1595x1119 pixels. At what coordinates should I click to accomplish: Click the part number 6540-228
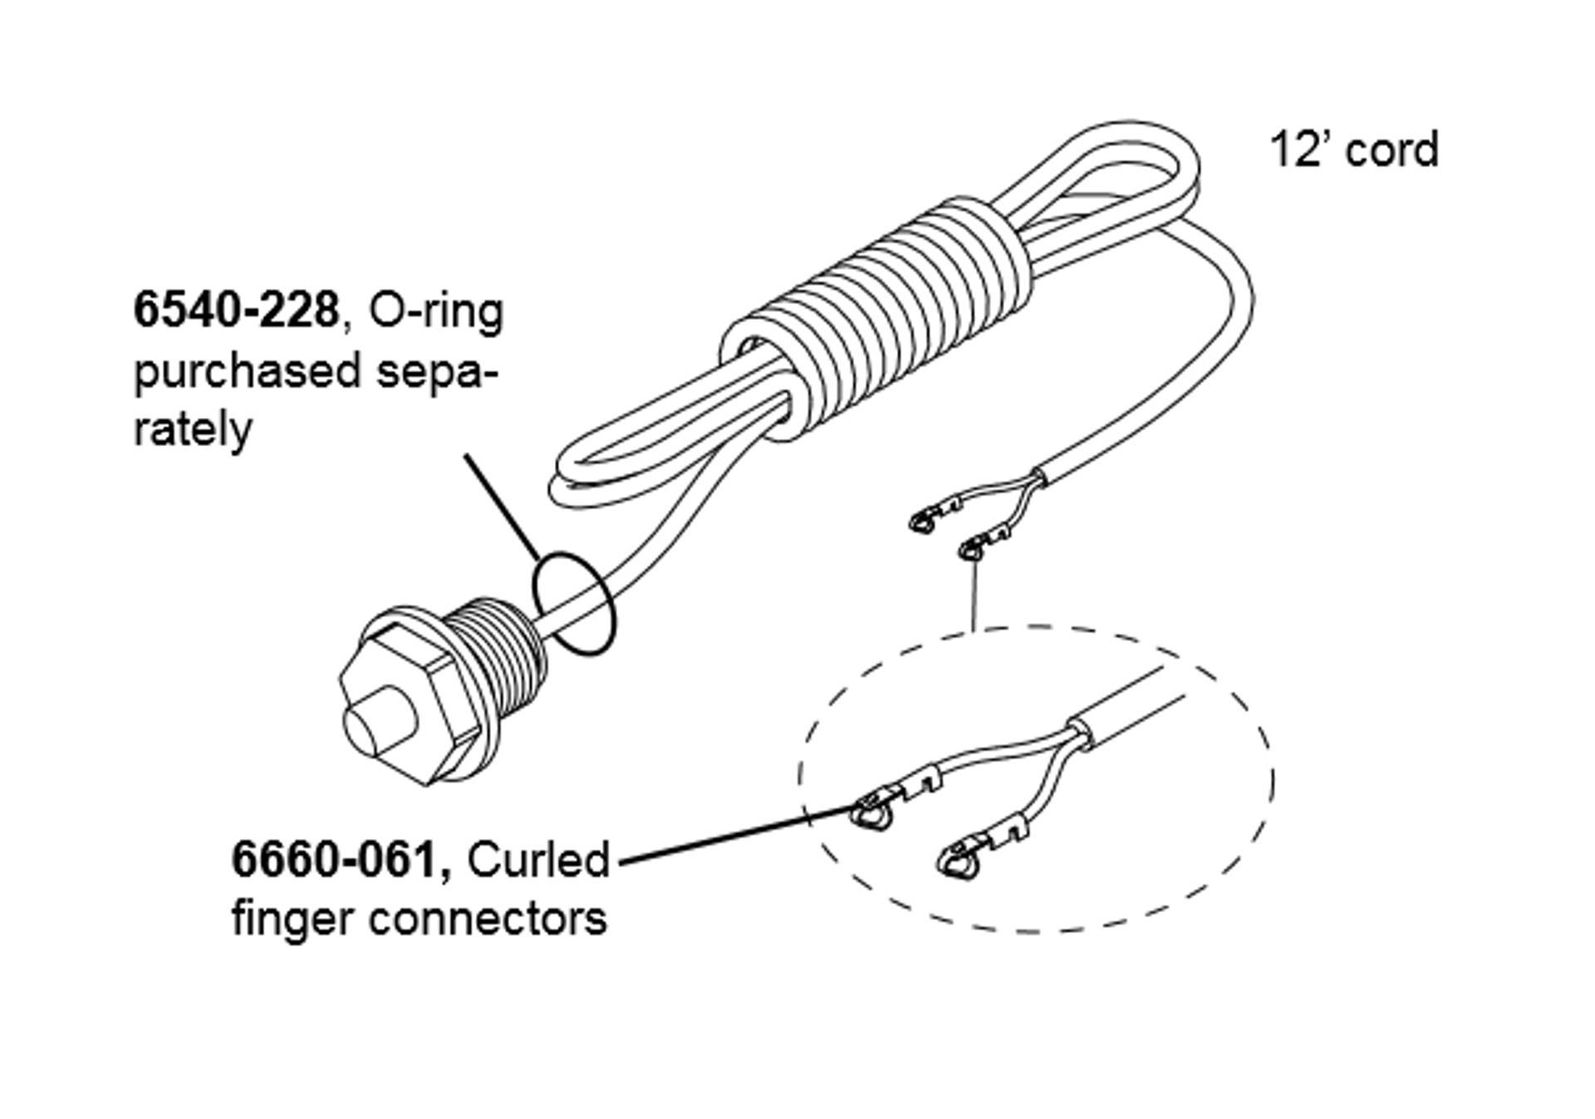pyautogui.click(x=236, y=311)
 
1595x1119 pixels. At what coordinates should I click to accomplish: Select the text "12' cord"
pyautogui.click(x=1353, y=150)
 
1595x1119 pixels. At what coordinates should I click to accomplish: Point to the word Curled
pyautogui.click(x=537, y=860)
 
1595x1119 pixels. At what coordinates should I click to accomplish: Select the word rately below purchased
pyautogui.click(x=192, y=429)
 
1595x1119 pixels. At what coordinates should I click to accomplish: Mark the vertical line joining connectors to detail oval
pyautogui.click(x=973, y=594)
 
